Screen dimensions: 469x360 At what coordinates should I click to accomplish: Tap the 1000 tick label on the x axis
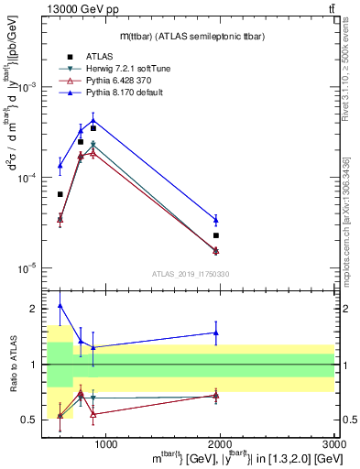pyautogui.click(x=106, y=444)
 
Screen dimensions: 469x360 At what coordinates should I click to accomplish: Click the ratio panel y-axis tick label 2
pyautogui.click(x=33, y=309)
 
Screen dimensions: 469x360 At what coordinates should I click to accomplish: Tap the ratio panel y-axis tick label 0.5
pyautogui.click(x=29, y=420)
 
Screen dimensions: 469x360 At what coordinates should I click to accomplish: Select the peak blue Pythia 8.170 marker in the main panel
pyautogui.click(x=93, y=120)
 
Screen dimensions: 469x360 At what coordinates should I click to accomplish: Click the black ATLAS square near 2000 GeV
pyautogui.click(x=216, y=235)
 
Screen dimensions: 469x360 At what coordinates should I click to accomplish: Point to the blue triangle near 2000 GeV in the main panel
pyautogui.click(x=216, y=220)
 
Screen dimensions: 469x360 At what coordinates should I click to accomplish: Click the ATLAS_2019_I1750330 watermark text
pyautogui.click(x=191, y=274)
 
